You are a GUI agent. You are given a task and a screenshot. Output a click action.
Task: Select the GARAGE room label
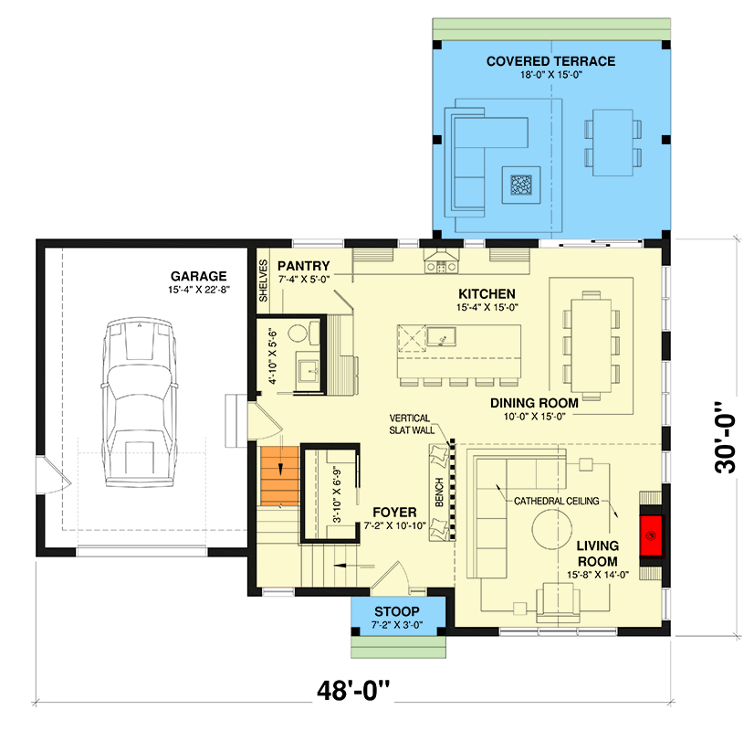click(198, 276)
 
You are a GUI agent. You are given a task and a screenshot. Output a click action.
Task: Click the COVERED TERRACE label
click(550, 61)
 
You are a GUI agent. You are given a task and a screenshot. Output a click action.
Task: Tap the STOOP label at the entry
click(397, 611)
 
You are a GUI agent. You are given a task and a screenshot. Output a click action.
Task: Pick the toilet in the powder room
click(298, 334)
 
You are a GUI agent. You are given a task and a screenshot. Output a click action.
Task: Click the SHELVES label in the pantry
click(263, 281)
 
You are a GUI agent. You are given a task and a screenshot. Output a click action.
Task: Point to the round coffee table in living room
click(555, 531)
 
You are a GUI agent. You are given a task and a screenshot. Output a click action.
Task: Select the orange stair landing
click(278, 476)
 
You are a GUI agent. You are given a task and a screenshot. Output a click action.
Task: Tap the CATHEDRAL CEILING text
click(556, 502)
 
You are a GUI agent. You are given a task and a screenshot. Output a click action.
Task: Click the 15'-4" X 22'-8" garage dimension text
click(198, 291)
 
